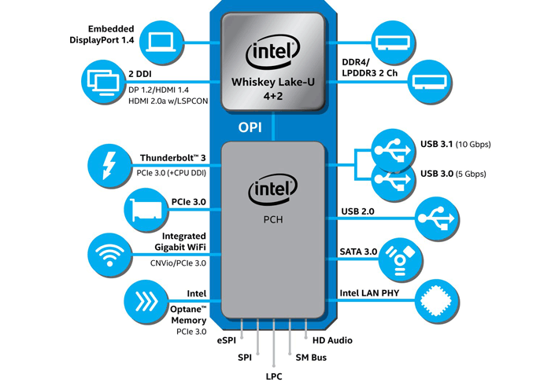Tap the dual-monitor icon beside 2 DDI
click(x=104, y=81)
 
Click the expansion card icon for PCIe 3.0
click(x=146, y=210)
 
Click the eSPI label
click(x=227, y=340)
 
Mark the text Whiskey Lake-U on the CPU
click(x=272, y=82)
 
